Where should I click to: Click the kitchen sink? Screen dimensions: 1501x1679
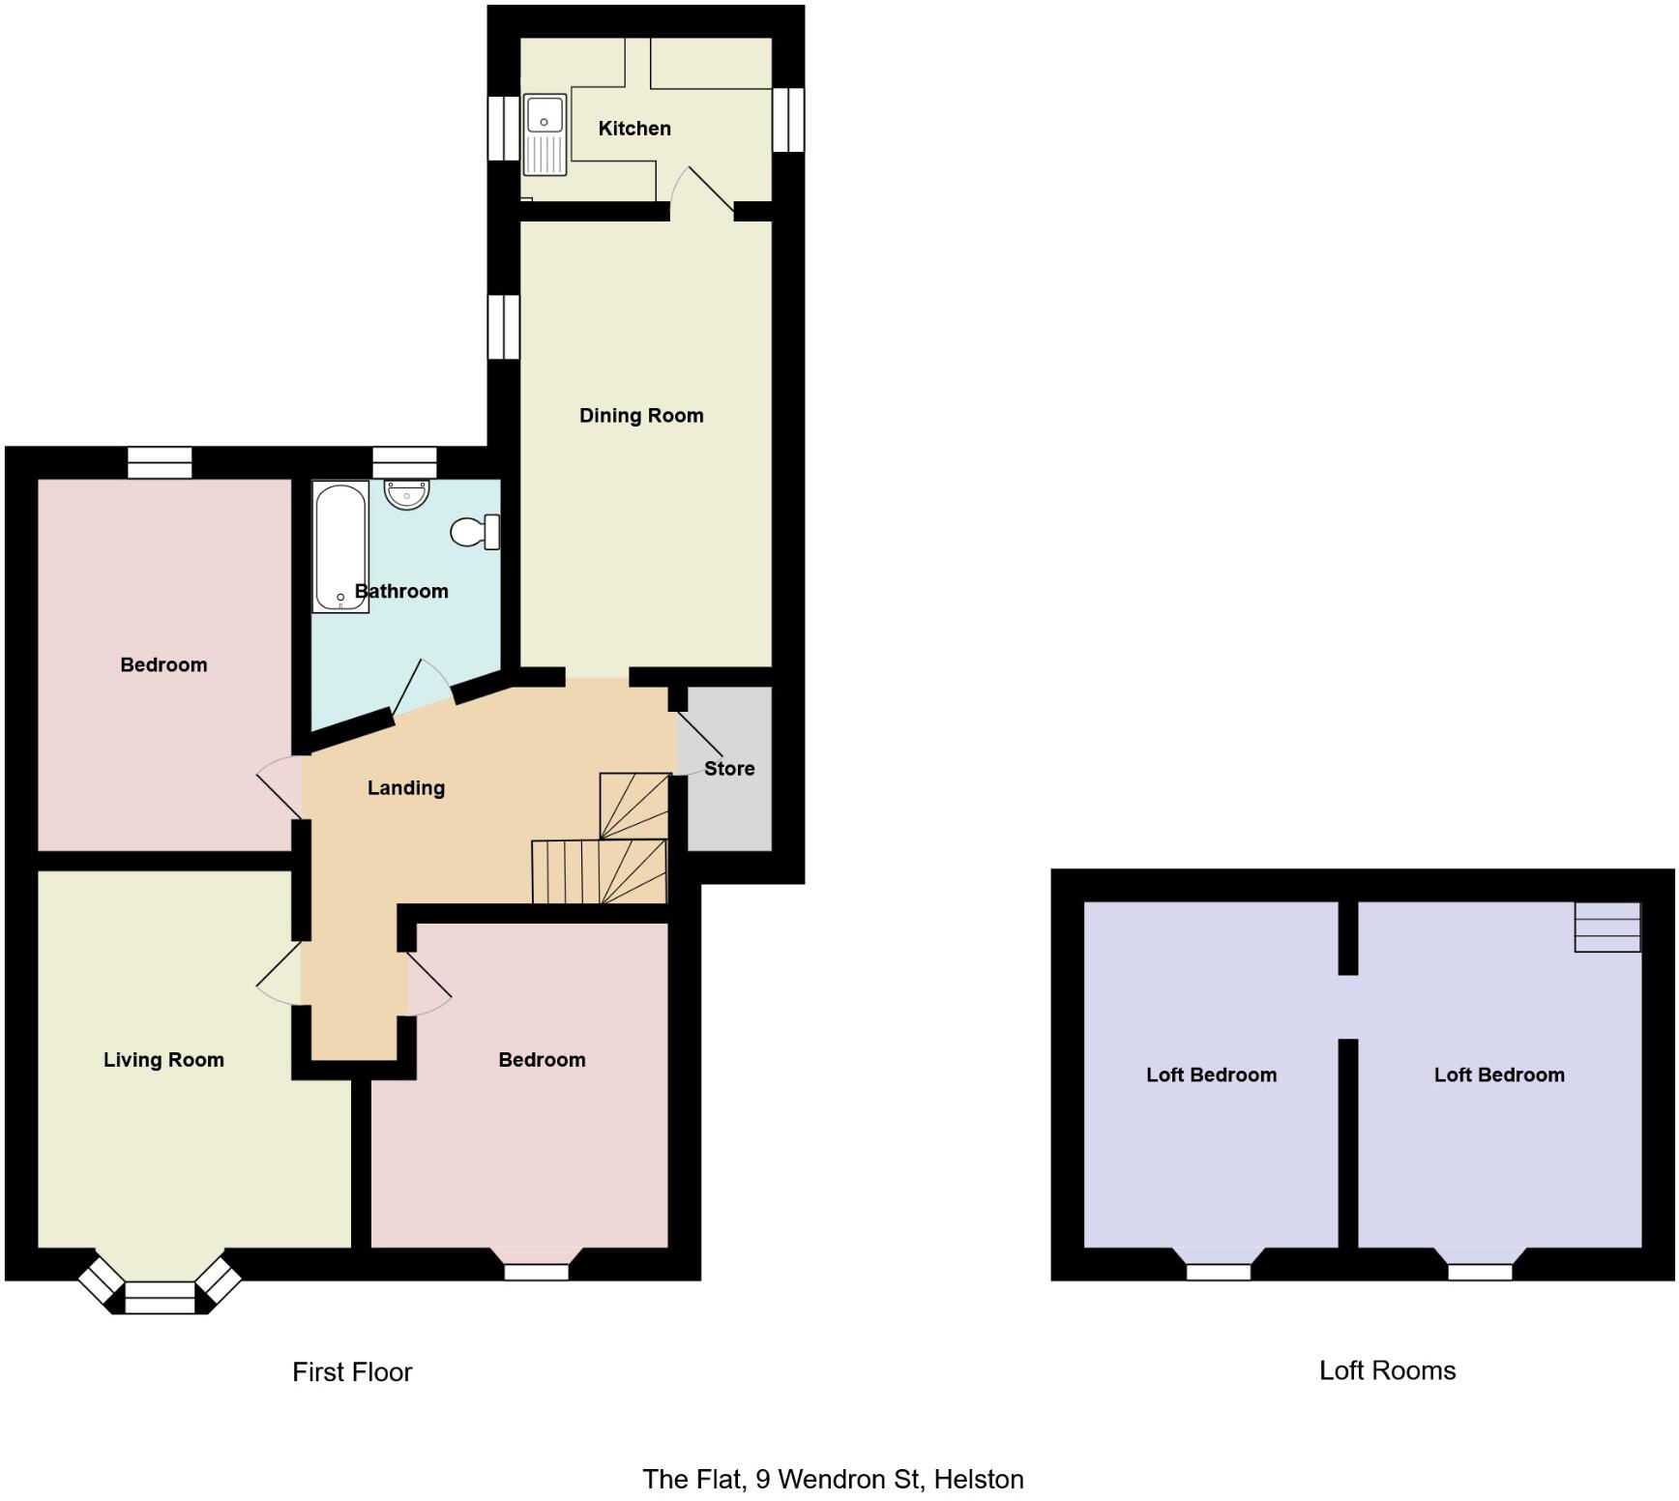pyautogui.click(x=545, y=134)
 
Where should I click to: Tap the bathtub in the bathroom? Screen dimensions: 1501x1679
pyautogui.click(x=340, y=546)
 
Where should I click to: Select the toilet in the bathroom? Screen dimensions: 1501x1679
pyautogui.click(x=475, y=532)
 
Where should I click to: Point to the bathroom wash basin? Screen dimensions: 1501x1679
pyautogui.click(x=406, y=494)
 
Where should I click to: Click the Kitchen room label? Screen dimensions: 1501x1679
pyautogui.click(x=634, y=129)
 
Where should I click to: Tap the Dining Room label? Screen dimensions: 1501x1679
pyautogui.click(x=641, y=416)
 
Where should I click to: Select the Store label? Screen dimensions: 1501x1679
pyautogui.click(x=729, y=769)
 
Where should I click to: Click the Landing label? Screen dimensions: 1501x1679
pyautogui.click(x=406, y=788)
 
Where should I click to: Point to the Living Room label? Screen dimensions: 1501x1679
pyautogui.click(x=163, y=1060)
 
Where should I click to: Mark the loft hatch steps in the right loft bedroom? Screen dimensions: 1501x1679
pyautogui.click(x=1606, y=927)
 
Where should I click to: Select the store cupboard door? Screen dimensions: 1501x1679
pyautogui.click(x=699, y=735)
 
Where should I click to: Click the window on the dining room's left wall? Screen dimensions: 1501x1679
pyautogui.click(x=503, y=327)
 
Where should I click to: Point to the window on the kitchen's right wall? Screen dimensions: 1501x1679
pyautogui.click(x=788, y=120)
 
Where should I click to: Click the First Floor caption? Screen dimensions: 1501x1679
pyautogui.click(x=352, y=1372)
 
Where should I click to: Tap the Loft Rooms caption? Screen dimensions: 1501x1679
pyautogui.click(x=1387, y=1370)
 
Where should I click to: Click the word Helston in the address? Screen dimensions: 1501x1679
pyautogui.click(x=979, y=1480)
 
